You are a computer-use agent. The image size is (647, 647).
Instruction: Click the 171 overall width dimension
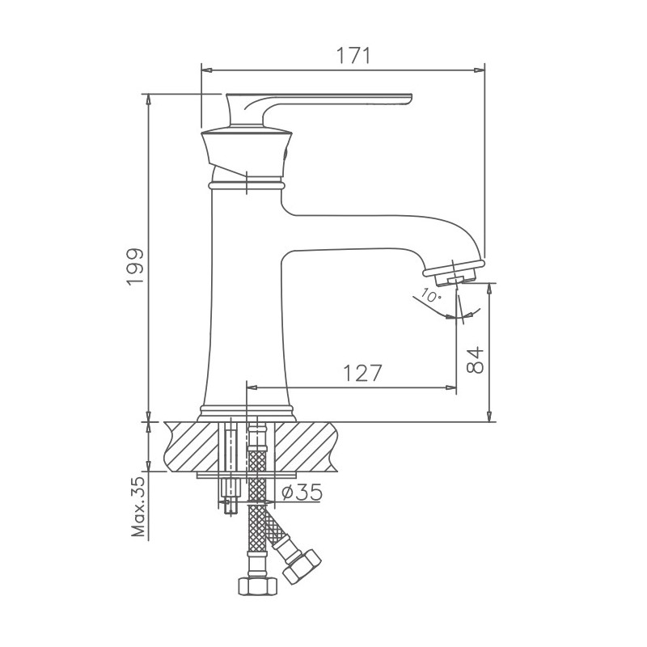click(353, 56)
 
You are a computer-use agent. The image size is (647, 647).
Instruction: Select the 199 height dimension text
click(135, 266)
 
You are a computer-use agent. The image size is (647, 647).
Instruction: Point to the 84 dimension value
click(476, 358)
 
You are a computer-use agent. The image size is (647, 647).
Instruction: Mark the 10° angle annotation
click(431, 296)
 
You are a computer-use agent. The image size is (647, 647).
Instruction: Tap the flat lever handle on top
click(340, 100)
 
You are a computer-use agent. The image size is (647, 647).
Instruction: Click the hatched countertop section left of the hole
click(192, 446)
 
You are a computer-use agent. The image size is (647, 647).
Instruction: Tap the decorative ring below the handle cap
click(246, 185)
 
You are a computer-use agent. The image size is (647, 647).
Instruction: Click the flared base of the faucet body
click(246, 410)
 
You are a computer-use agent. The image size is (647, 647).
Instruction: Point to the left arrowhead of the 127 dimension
click(252, 387)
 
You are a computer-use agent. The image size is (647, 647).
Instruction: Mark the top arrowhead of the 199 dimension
click(147, 99)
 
